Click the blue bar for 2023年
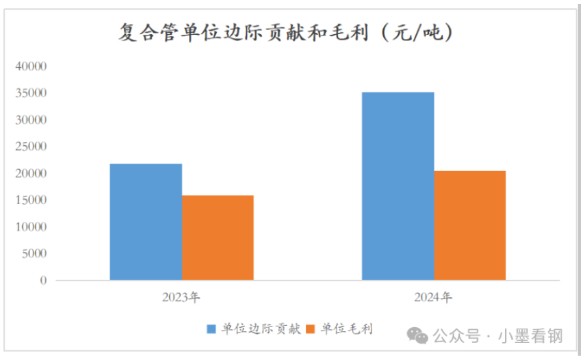[146, 222]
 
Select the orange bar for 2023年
[218, 237]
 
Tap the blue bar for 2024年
[398, 186]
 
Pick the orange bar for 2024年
[469, 225]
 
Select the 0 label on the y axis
[43, 280]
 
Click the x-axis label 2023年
[181, 298]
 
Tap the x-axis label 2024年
[433, 298]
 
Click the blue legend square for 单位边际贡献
[211, 329]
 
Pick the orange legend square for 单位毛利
[311, 329]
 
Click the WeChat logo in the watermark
[417, 335]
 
